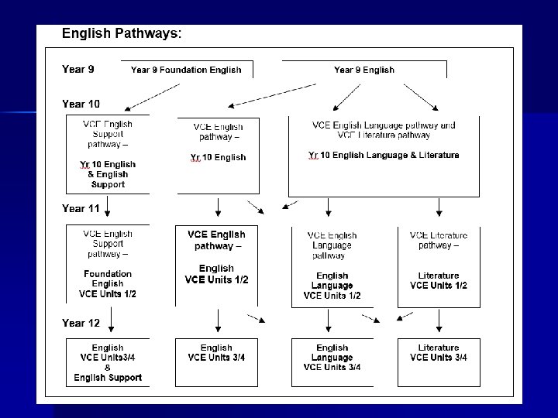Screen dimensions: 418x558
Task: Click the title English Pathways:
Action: click(x=122, y=34)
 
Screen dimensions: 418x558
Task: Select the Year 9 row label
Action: click(x=78, y=69)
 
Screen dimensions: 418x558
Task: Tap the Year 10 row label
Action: click(x=81, y=104)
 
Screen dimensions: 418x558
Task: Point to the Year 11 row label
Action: click(x=81, y=208)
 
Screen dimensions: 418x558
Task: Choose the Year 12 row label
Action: click(x=81, y=323)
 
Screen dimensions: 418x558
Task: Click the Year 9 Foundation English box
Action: click(x=186, y=70)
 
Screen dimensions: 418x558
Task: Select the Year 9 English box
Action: click(x=363, y=70)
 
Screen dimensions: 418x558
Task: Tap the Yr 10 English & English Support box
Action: click(x=108, y=154)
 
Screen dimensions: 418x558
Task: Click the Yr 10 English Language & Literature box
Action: click(x=384, y=156)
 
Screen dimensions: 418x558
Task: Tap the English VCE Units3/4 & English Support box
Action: click(x=108, y=362)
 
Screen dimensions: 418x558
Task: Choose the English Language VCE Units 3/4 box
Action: click(x=332, y=361)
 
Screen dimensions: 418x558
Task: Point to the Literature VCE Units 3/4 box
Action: click(x=439, y=357)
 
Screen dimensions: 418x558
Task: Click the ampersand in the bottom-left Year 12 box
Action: click(x=108, y=368)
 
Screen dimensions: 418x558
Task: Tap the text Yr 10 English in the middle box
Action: click(x=218, y=157)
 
